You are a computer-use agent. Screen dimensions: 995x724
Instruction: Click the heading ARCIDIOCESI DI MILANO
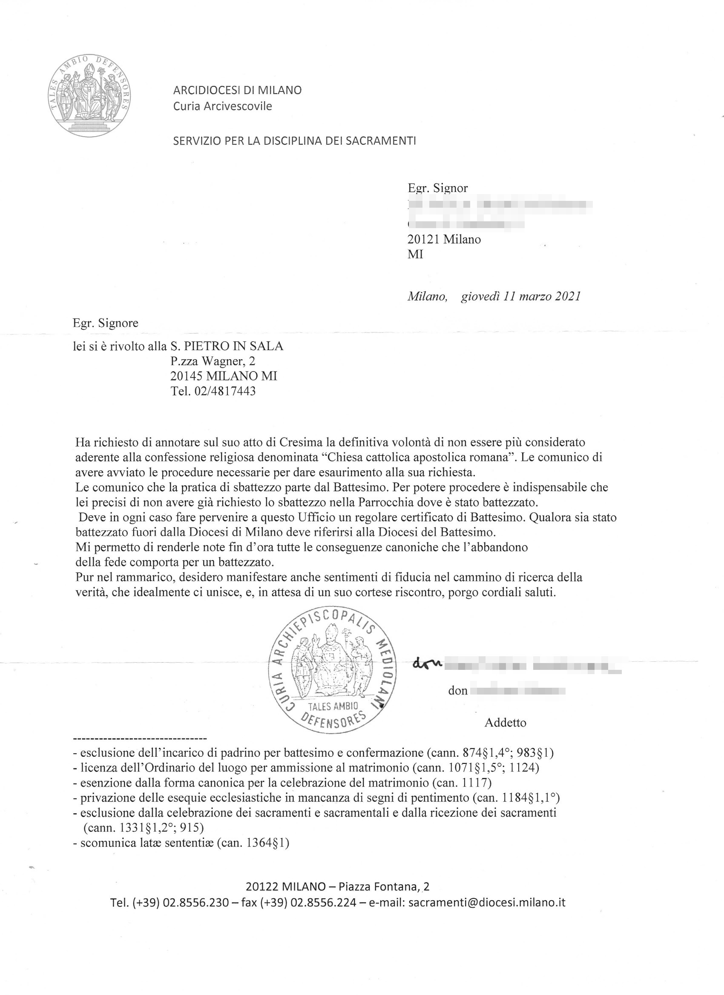pos(237,90)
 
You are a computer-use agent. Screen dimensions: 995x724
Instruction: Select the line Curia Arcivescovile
pos(222,106)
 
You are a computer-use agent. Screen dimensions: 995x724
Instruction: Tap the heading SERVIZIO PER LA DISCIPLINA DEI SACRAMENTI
pos(294,141)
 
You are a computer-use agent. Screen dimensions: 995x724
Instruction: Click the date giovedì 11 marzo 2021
pos(521,296)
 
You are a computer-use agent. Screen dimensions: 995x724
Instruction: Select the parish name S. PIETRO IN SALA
pos(227,346)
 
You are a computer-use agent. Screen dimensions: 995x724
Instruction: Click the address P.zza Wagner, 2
pos(213,361)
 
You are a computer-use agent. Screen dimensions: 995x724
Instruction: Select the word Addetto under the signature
pos(506,723)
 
